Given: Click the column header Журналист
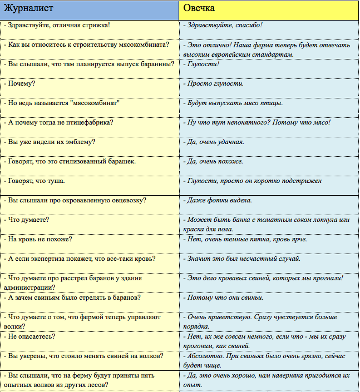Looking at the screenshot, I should [24, 9].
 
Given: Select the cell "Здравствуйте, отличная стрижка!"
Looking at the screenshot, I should [57, 25].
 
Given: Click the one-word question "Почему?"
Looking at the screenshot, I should [20, 83].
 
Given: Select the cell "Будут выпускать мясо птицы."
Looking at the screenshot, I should [235, 103].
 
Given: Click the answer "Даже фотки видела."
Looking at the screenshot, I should [219, 200].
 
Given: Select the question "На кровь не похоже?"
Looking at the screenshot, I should [39, 239].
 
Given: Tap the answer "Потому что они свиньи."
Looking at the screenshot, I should [225, 297].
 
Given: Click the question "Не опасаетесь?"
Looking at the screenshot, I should [31, 336].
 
